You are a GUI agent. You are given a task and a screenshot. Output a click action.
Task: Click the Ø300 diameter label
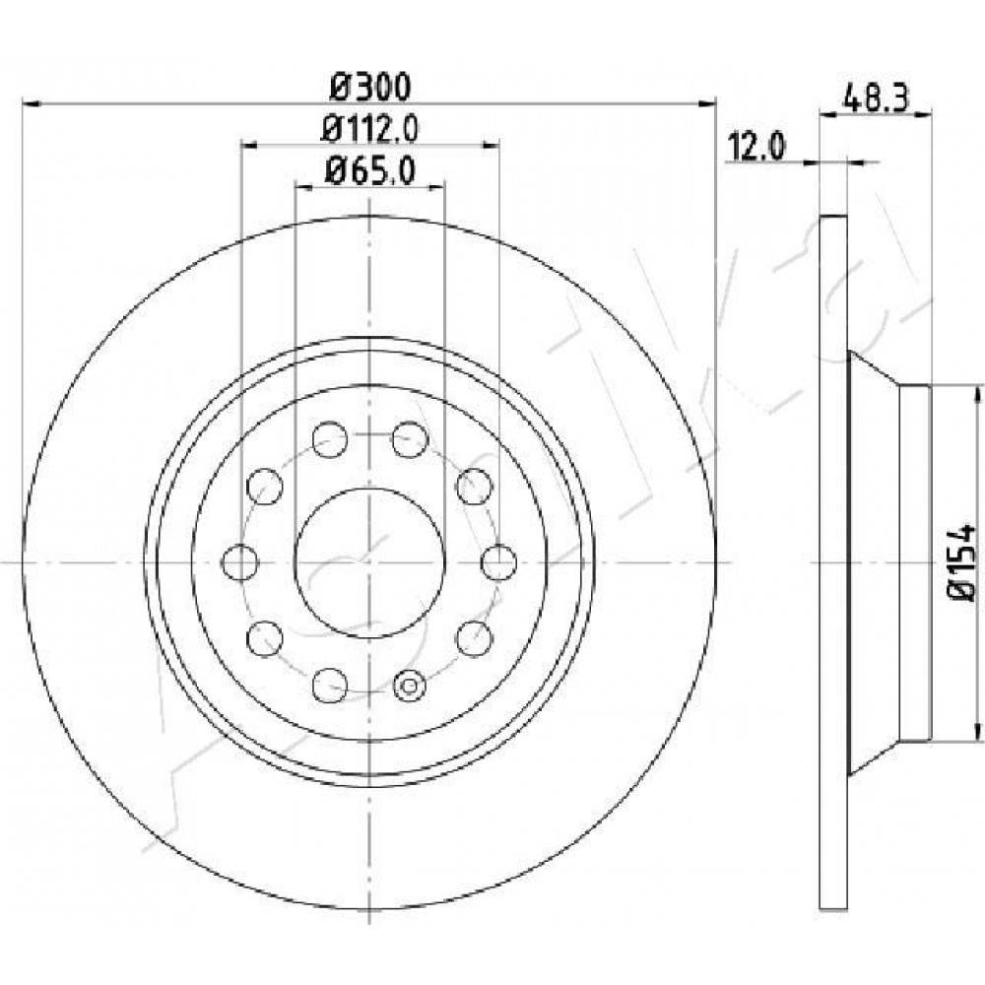370,87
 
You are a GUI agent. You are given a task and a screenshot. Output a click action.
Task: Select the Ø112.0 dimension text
370,129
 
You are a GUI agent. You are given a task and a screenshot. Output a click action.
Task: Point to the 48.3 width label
877,98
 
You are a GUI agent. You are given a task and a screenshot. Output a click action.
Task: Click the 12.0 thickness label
756,148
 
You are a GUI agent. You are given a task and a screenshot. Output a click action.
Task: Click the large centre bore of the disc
370,562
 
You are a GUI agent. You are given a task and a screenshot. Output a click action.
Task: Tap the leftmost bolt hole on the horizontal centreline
240,562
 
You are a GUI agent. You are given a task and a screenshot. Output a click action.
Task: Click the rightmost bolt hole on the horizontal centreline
499,562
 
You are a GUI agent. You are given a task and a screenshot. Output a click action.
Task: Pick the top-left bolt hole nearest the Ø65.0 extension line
330,439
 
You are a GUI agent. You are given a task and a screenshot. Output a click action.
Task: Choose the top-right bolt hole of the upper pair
410,439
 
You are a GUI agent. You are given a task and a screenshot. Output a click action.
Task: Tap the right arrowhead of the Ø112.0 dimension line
492,145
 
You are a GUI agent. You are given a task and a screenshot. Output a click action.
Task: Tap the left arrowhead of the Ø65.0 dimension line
303,186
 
